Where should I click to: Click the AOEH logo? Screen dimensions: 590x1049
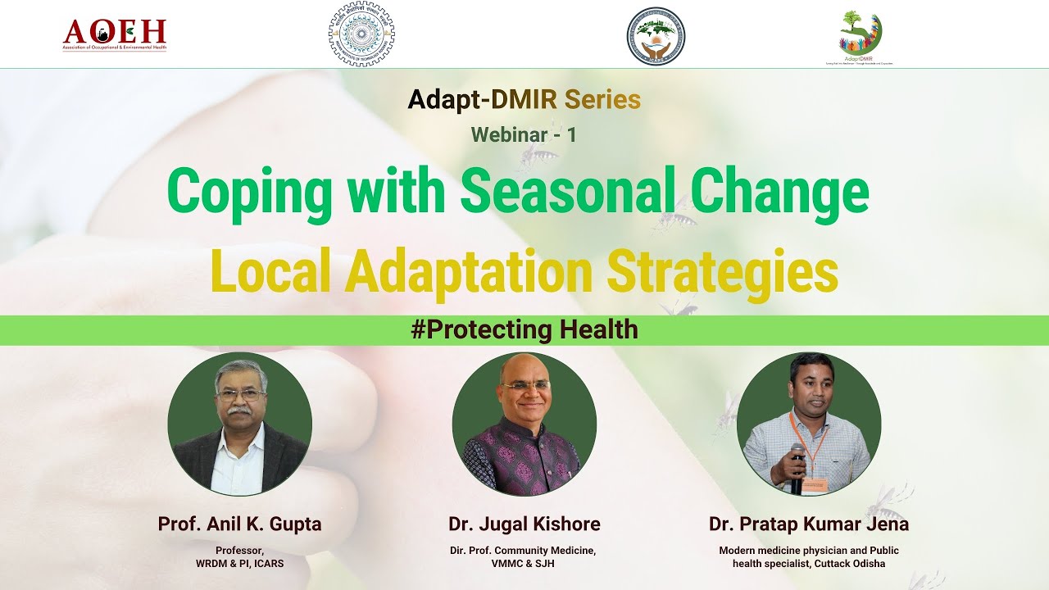[x=115, y=34]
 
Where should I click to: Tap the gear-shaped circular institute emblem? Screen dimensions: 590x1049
[x=361, y=34]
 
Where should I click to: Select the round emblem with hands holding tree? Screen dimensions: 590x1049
[x=656, y=36]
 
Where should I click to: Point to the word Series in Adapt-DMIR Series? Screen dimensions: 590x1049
[x=602, y=100]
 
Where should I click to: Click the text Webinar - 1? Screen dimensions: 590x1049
[x=524, y=134]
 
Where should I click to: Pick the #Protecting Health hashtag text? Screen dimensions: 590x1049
[x=524, y=329]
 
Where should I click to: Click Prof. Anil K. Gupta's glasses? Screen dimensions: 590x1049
[x=240, y=395]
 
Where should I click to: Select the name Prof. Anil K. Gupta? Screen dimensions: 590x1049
[x=239, y=524]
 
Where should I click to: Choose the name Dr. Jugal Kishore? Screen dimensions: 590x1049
[x=524, y=524]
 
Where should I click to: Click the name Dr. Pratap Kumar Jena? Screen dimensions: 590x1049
[x=809, y=524]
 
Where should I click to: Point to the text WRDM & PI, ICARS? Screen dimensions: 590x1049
[x=239, y=564]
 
